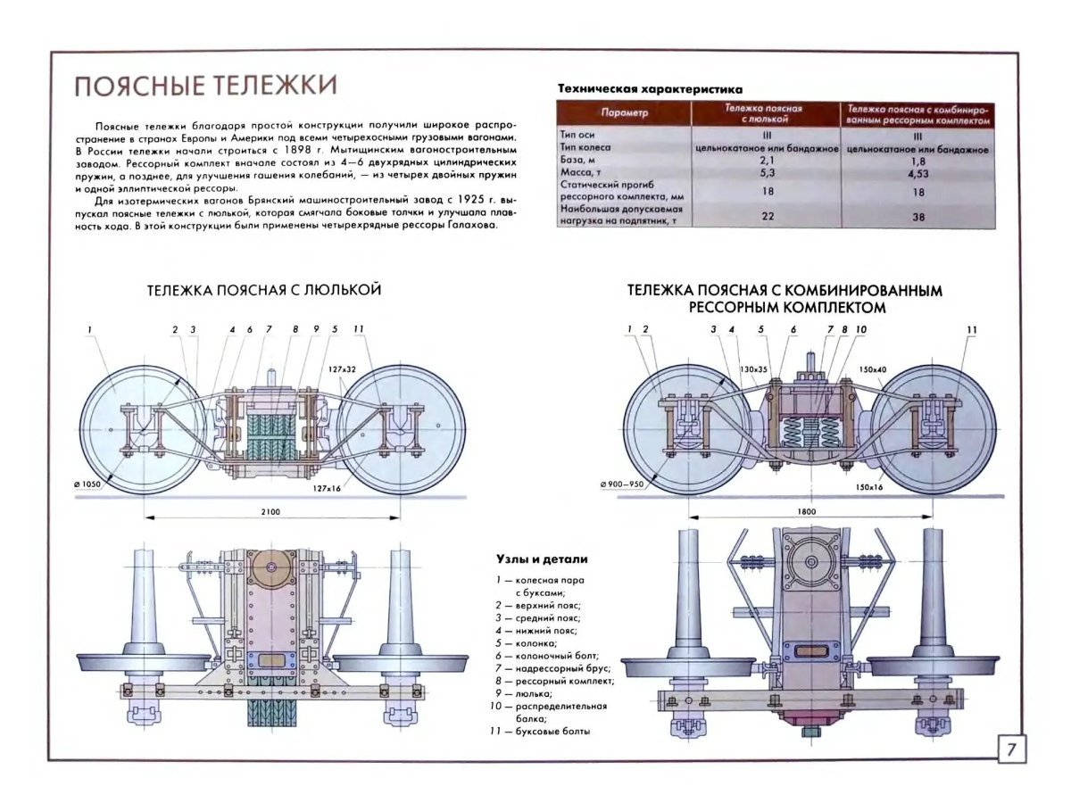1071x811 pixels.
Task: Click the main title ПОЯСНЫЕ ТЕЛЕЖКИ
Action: (204, 87)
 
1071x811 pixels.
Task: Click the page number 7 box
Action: (1010, 748)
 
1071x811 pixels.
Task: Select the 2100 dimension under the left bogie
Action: (271, 511)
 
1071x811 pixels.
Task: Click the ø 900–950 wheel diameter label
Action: (622, 484)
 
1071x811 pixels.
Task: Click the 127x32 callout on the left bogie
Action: (341, 368)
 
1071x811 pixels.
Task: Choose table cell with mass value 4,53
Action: (919, 174)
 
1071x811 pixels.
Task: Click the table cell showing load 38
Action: (919, 217)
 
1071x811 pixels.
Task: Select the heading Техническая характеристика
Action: (650, 89)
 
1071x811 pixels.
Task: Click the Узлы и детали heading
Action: (542, 559)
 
